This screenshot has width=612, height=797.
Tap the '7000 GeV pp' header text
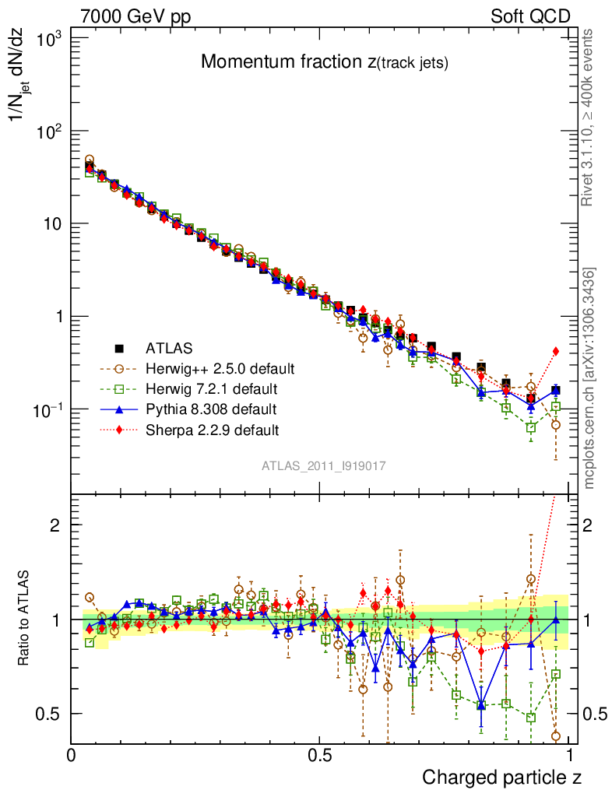click(136, 16)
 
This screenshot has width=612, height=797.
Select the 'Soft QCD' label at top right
click(530, 16)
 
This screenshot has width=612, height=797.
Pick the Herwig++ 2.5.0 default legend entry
click(219, 367)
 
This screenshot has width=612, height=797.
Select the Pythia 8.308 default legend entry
click(211, 409)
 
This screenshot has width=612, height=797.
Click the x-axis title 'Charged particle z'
click(501, 777)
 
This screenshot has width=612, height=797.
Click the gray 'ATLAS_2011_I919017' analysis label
click(324, 465)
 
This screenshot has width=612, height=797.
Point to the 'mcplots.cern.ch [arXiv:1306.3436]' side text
click(589, 377)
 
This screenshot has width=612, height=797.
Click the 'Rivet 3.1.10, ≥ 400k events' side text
click(589, 118)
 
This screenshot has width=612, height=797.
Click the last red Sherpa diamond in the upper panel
click(555, 351)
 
